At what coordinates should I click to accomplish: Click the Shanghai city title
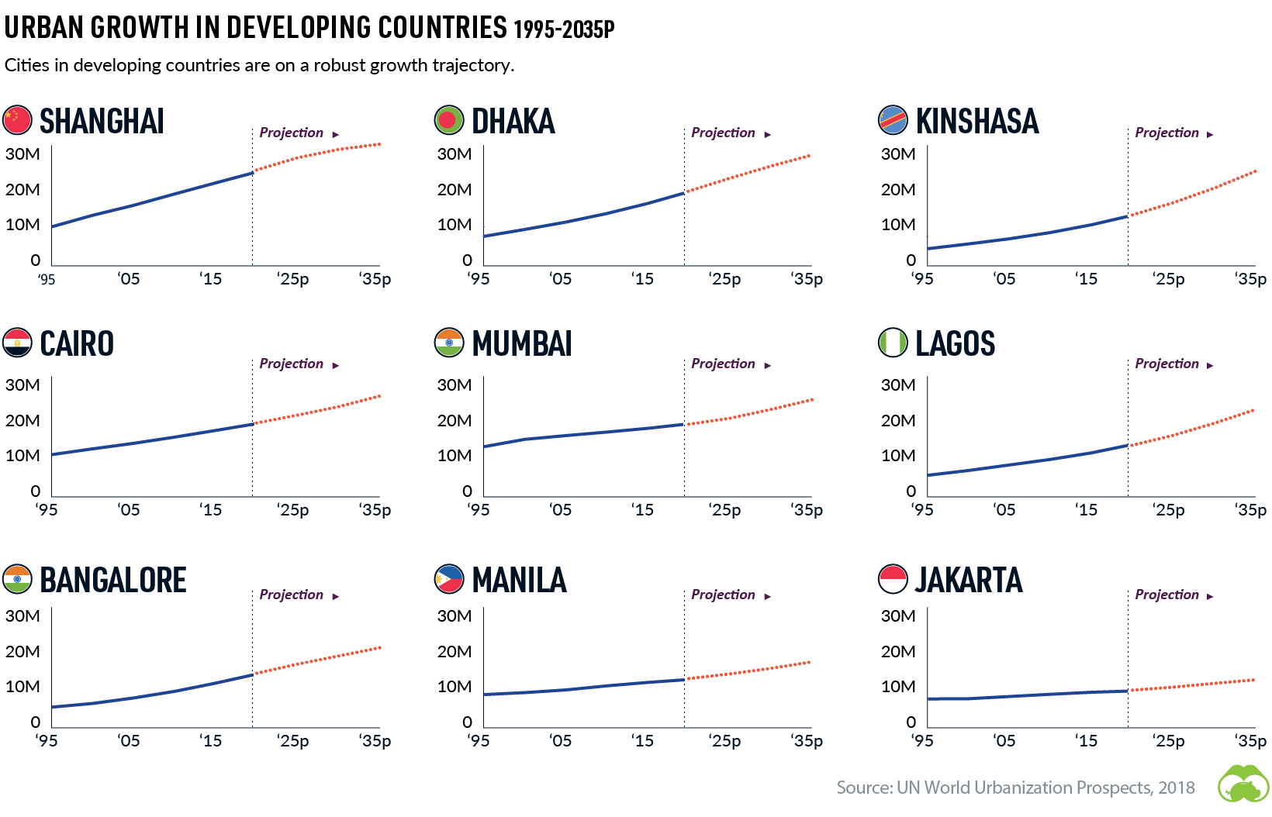[x=102, y=122]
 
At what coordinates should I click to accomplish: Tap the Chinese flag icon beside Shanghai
[x=17, y=120]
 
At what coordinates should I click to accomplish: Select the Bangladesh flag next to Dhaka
[x=449, y=120]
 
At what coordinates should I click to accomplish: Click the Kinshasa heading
[x=976, y=122]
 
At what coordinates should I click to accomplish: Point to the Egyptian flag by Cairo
[x=17, y=343]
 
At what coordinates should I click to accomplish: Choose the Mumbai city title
[x=522, y=344]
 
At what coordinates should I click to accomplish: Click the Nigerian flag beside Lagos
[x=893, y=343]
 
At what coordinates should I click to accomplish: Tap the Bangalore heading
[x=113, y=581]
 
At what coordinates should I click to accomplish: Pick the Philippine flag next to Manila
[x=449, y=579]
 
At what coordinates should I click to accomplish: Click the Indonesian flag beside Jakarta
[x=893, y=579]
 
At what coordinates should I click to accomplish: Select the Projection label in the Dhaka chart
[x=723, y=133]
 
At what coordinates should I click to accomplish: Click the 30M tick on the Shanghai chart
[x=22, y=154]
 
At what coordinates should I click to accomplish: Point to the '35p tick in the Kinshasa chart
[x=1250, y=279]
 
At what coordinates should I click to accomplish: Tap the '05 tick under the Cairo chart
[x=129, y=510]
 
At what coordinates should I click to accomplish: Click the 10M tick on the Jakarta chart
[x=898, y=687]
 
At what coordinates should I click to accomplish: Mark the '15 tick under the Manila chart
[x=642, y=741]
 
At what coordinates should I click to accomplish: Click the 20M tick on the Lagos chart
[x=898, y=421]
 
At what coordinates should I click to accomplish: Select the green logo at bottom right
[x=1243, y=784]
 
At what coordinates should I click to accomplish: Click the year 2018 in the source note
[x=1177, y=788]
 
